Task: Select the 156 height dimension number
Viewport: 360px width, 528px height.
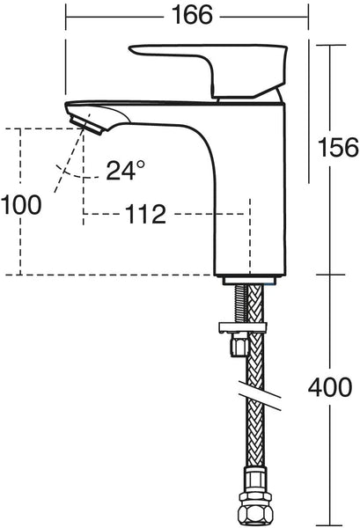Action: pos(336,145)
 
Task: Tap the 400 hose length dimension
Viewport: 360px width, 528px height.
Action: pos(333,387)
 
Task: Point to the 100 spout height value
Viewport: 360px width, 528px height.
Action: pos(21,205)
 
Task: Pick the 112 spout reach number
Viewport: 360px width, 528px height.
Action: pos(143,214)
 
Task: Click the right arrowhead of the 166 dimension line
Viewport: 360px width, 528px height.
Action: pos(305,16)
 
